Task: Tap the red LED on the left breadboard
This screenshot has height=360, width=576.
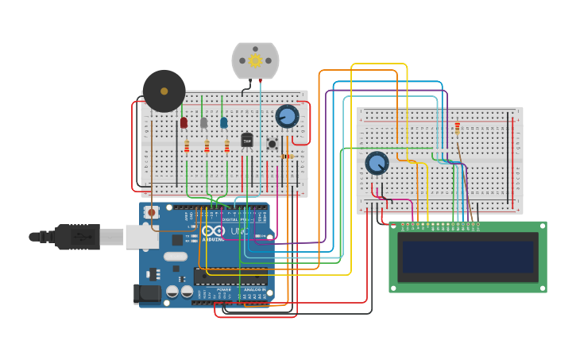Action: (x=184, y=122)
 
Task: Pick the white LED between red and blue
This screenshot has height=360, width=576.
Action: (x=203, y=122)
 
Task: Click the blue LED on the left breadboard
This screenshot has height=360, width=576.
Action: (x=223, y=122)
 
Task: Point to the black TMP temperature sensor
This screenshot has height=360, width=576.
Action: (x=246, y=140)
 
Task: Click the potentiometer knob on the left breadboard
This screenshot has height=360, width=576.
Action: (x=287, y=116)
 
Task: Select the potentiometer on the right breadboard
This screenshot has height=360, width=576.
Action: (x=377, y=163)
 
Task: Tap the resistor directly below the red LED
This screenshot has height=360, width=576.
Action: (x=187, y=146)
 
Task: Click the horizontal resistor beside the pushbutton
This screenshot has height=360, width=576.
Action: (x=287, y=157)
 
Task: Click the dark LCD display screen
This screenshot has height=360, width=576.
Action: (x=468, y=257)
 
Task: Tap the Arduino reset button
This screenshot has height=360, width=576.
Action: (x=151, y=211)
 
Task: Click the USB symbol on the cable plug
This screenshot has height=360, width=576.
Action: (x=79, y=236)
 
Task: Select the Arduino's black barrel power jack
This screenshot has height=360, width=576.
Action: (x=147, y=294)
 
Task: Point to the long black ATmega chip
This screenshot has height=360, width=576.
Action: (x=230, y=277)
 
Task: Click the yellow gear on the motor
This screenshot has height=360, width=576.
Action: (x=255, y=60)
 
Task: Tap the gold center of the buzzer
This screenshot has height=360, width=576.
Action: (x=164, y=91)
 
